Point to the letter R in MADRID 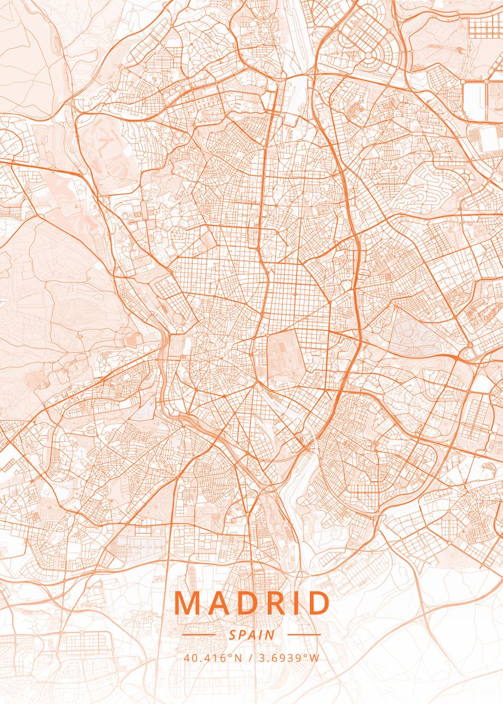[275, 604]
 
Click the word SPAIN [252, 635]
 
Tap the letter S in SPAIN [232, 635]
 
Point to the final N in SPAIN [271, 635]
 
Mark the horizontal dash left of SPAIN [199, 635]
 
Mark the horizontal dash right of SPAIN [304, 635]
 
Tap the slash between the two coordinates [251, 658]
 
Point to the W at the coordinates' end [315, 658]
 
